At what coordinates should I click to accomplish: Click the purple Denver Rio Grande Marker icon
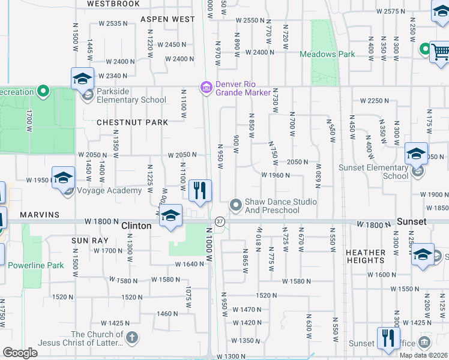pos(206,88)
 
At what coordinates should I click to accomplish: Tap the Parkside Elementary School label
pos(127,100)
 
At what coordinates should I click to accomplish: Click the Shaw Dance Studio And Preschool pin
pos(236,206)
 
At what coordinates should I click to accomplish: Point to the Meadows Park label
pos(327,54)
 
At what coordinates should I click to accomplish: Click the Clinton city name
pos(136,226)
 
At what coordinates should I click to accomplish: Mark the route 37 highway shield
pos(220,222)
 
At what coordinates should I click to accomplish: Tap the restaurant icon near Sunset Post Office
pos(388,338)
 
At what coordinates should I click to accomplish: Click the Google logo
pos(20,353)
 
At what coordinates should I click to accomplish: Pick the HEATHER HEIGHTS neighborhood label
pos(365,256)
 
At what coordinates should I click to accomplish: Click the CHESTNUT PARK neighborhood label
pos(132,122)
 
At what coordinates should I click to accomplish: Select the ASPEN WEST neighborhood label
pos(167,19)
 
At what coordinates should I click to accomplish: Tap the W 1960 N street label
pos(276,175)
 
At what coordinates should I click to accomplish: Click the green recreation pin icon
pos(43,92)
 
